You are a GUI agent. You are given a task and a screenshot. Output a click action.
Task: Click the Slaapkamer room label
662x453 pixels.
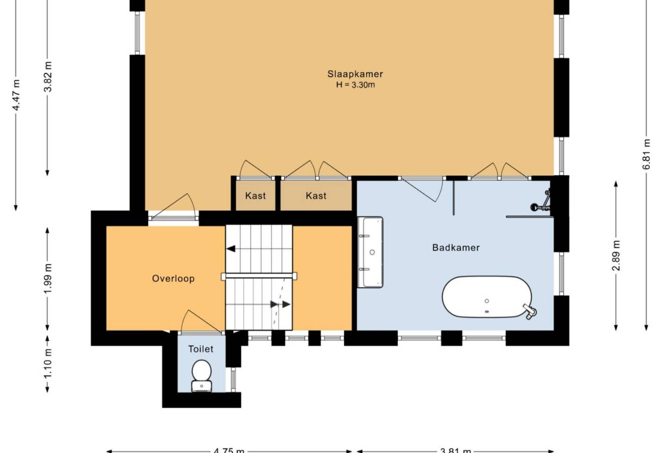[355, 74]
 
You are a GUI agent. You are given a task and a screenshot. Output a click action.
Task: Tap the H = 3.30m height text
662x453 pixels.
[355, 85]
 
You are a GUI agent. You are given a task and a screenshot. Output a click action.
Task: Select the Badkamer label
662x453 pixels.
[456, 247]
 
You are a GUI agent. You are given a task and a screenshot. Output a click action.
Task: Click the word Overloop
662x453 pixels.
[173, 278]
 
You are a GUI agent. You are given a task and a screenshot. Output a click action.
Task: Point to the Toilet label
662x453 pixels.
[201, 349]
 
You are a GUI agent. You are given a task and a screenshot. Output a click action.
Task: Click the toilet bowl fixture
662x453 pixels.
[202, 376]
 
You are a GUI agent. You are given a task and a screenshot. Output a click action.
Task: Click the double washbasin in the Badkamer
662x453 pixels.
[370, 252]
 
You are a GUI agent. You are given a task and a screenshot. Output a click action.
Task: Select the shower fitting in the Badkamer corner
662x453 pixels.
[541, 202]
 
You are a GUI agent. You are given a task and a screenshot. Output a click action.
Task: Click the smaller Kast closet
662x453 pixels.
[255, 195]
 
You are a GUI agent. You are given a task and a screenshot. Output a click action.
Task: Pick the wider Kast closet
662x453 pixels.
[316, 195]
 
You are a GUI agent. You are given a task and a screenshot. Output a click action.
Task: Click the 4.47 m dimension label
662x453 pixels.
[16, 95]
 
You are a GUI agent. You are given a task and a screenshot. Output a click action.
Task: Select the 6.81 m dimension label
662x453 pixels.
[646, 154]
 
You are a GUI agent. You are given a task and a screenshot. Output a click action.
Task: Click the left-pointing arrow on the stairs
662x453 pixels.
[231, 249]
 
